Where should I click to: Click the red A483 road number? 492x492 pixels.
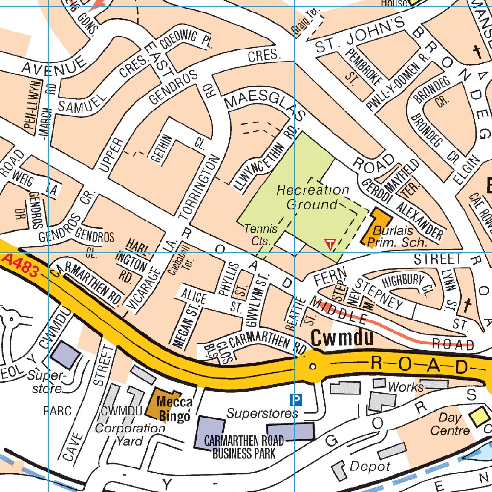tap(20, 265)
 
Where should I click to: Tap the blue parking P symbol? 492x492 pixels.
tap(296, 399)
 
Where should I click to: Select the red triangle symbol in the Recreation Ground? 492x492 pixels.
tap(330, 244)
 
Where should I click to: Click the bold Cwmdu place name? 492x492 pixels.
tap(342, 338)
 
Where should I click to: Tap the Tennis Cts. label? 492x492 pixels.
tap(261, 234)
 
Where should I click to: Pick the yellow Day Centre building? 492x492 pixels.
tap(479, 416)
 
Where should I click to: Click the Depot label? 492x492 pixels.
tap(369, 466)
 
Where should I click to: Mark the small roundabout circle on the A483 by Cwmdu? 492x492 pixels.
tap(313, 367)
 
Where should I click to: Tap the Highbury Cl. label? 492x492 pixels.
tap(403, 284)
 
